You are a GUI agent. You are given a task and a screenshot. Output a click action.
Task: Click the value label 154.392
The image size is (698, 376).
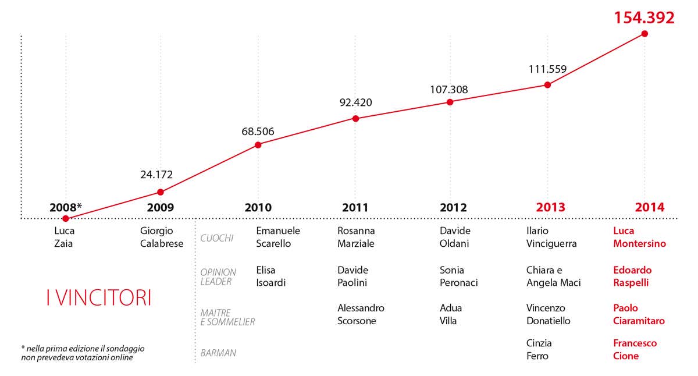pyautogui.click(x=644, y=17)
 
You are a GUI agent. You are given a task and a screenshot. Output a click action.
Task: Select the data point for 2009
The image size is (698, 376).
pyautogui.click(x=161, y=191)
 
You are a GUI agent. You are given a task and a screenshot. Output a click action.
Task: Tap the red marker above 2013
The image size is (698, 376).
pyautogui.click(x=547, y=84)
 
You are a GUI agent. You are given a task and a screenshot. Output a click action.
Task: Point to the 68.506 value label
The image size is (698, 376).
pyautogui.click(x=258, y=132)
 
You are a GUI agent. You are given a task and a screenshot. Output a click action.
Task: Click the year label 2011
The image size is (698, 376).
pyautogui.click(x=355, y=207)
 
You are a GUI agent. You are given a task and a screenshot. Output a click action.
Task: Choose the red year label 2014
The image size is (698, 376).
pyautogui.click(x=649, y=207)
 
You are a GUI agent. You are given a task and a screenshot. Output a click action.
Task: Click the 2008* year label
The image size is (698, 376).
pyautogui.click(x=66, y=207)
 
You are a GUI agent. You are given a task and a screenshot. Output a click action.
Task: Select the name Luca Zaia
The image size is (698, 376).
pyautogui.click(x=64, y=237)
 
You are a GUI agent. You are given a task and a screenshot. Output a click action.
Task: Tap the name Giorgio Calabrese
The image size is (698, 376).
pyautogui.click(x=161, y=237)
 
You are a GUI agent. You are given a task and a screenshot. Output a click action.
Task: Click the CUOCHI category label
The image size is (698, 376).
pyautogui.click(x=217, y=238)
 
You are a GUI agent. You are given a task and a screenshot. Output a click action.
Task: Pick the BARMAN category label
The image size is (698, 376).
pyautogui.click(x=218, y=353)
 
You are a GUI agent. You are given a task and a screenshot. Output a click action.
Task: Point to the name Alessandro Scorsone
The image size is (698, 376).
pyautogui.click(x=361, y=314)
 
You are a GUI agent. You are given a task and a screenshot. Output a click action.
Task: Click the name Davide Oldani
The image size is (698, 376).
pyautogui.click(x=455, y=237)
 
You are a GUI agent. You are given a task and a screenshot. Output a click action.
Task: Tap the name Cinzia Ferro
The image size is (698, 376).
pyautogui.click(x=539, y=349)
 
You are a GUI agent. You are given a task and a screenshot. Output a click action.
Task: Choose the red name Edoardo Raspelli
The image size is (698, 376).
pyautogui.click(x=632, y=276)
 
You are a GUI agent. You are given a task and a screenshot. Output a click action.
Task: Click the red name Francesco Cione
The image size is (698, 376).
pyautogui.click(x=635, y=349)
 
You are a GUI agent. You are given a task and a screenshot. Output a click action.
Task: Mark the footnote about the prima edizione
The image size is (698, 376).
pyautogui.click(x=83, y=353)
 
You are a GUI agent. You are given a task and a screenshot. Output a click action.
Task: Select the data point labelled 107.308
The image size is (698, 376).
pyautogui.click(x=450, y=102)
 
